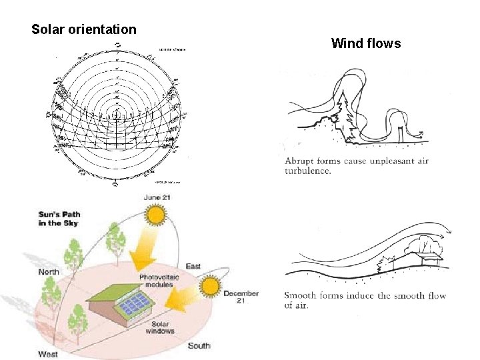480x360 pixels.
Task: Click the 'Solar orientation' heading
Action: point(84,30)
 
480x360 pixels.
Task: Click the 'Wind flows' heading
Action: point(366,44)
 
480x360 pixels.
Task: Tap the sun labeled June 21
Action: point(156,215)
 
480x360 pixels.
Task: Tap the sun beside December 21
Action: point(211,287)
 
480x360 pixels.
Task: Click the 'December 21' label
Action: point(241,297)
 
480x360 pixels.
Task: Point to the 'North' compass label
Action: point(48,271)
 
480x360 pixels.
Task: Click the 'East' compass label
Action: point(193,267)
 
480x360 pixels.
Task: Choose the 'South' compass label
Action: point(199,345)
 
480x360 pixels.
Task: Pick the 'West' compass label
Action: point(48,353)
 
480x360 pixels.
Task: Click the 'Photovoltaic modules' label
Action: point(156,281)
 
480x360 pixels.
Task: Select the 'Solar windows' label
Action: point(159,327)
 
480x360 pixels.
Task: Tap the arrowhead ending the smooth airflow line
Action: point(449,233)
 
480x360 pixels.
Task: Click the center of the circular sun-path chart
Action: point(117,115)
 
